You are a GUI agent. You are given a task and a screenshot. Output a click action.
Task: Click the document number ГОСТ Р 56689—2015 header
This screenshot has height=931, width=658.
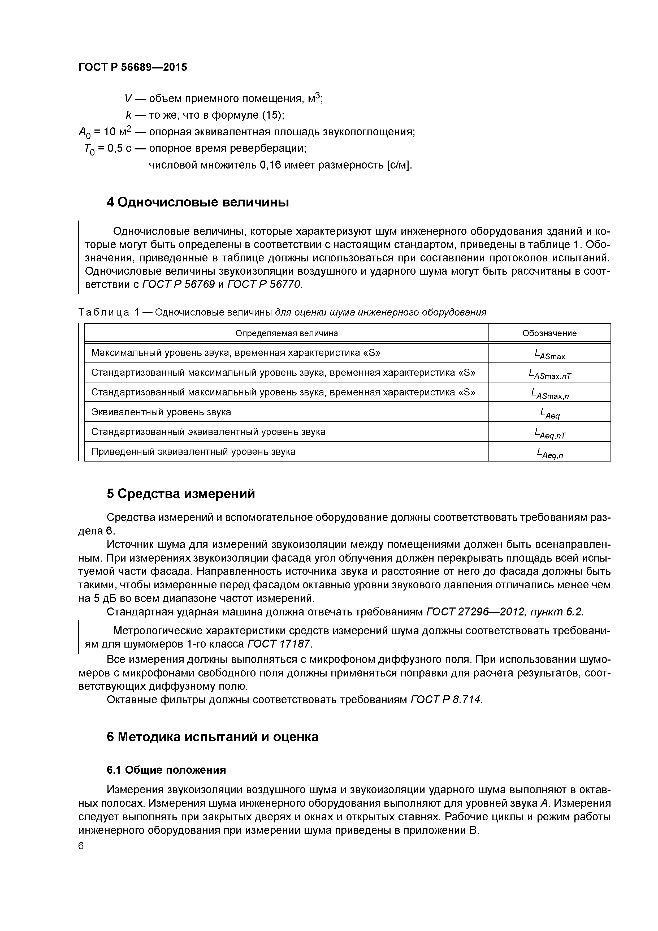point(133,67)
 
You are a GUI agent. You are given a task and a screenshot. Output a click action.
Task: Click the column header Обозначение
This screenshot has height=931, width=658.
point(549,333)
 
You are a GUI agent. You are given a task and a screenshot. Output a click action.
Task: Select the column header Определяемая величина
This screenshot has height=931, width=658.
point(286,333)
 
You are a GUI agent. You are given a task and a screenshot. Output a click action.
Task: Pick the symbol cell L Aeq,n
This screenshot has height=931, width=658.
point(549,453)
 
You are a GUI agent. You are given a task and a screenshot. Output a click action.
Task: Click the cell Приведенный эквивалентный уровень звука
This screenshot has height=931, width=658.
point(193,451)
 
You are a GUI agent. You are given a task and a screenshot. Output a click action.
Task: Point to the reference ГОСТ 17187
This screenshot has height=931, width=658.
point(279,644)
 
